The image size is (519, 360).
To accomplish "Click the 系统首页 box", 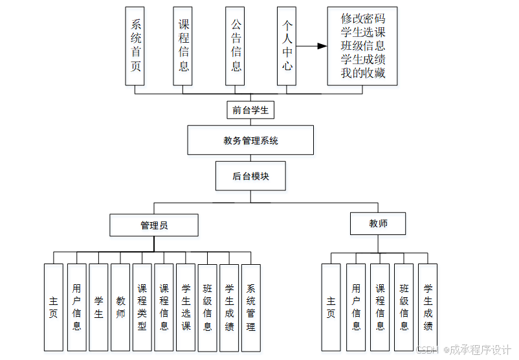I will coord(135,46).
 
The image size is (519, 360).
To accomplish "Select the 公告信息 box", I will coord(236,46).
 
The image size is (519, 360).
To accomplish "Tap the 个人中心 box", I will coord(287,46).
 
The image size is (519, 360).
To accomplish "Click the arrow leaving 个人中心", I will coord(311,46).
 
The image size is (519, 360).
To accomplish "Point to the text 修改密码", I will coord(362,19).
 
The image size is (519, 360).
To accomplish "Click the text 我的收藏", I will coord(362,73).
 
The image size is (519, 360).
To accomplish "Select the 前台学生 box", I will coord(250,111).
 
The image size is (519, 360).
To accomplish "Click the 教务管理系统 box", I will coord(250,140).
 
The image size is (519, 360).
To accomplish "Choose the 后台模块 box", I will coord(250,176).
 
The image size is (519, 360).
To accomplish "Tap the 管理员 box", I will coord(154,225).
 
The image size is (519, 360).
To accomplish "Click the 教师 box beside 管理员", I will coord(378,223).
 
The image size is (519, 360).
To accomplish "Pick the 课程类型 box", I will coord(142,307).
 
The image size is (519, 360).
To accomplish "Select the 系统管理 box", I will coord(250,307).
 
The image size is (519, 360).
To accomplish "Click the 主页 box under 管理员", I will coord(54,307).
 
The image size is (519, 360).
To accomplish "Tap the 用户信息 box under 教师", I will coord(356,307).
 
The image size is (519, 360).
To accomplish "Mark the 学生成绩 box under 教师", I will coord(428,307).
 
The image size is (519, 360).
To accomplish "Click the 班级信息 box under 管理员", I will coord(207,307).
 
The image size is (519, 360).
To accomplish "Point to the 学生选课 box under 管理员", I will coord(186,307).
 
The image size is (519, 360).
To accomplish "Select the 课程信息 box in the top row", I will coord(183,46).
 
